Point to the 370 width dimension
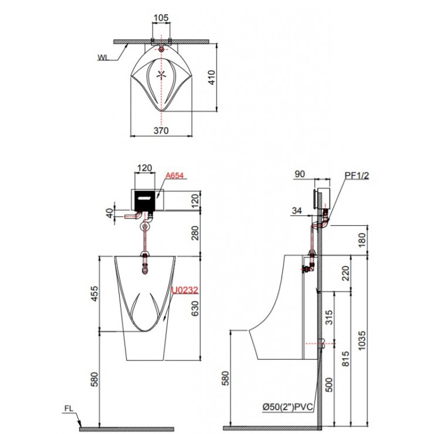(161, 131)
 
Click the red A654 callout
(175, 175)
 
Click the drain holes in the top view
(161, 75)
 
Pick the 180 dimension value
(362, 239)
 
